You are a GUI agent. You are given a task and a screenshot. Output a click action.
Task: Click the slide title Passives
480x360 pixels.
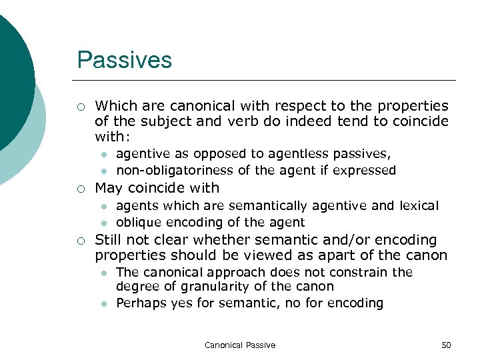point(124,61)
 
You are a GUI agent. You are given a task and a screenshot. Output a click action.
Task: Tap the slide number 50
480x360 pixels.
point(446,345)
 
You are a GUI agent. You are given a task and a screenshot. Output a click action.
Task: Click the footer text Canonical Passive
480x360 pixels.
point(240,345)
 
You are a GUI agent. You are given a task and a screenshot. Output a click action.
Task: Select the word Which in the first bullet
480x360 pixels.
point(114,106)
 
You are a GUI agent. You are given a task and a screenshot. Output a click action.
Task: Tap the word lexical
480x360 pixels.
point(419,206)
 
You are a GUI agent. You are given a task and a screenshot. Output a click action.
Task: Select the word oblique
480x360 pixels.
point(137,222)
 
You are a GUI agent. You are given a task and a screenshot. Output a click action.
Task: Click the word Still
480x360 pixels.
point(109,240)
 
